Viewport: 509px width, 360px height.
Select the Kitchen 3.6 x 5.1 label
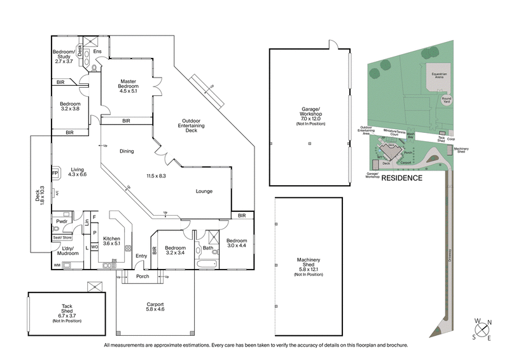(112, 239)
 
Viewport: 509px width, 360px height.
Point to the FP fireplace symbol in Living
(55, 172)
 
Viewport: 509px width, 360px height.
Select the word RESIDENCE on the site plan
(401, 178)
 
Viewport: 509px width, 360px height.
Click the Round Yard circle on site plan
(446, 99)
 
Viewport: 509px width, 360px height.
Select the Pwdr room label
(62, 221)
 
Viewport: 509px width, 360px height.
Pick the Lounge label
(204, 191)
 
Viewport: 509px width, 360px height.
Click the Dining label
(127, 151)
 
